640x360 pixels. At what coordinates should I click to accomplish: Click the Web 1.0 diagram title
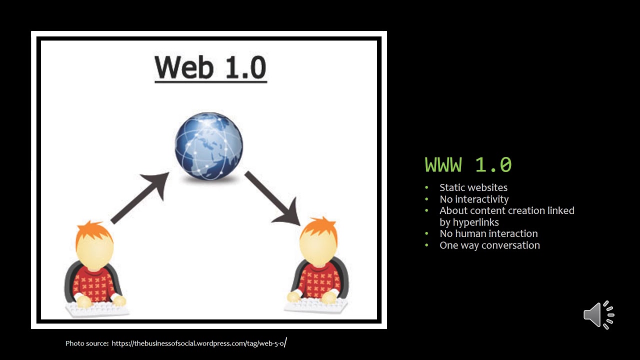[x=210, y=67]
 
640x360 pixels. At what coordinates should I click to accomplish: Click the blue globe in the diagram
[x=208, y=146]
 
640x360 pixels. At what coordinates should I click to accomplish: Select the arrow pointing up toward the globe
[x=140, y=197]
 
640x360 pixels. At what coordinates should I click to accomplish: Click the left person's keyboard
[x=97, y=309]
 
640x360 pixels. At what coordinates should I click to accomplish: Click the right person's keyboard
[x=316, y=304]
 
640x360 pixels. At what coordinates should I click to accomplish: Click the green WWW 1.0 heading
[x=468, y=164]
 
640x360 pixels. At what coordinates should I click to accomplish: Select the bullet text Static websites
[x=473, y=187]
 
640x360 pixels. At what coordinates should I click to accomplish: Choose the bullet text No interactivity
[x=474, y=199]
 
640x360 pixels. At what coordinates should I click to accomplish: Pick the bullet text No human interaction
[x=488, y=233]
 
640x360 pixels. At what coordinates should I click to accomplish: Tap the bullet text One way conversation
[x=489, y=245]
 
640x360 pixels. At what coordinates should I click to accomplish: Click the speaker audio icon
[x=598, y=315]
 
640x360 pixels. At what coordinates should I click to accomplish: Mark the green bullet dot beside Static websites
[x=426, y=188]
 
